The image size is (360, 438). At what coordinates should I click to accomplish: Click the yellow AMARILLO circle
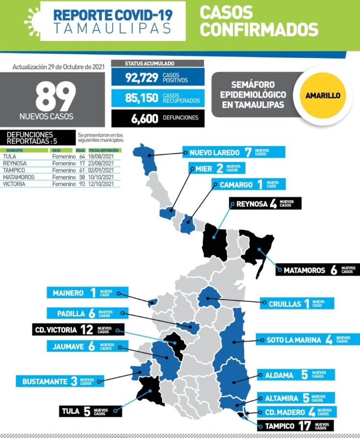coord(323,95)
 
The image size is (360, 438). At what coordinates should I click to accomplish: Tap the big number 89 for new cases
coord(56,95)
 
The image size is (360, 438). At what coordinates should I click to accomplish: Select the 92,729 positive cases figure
coord(142,78)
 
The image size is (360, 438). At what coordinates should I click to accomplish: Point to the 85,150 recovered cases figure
coord(142,98)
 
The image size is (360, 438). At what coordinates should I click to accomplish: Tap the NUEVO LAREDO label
coord(214,153)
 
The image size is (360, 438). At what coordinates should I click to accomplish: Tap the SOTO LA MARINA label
coord(293,340)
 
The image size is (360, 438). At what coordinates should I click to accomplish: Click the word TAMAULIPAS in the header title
coord(112,28)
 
